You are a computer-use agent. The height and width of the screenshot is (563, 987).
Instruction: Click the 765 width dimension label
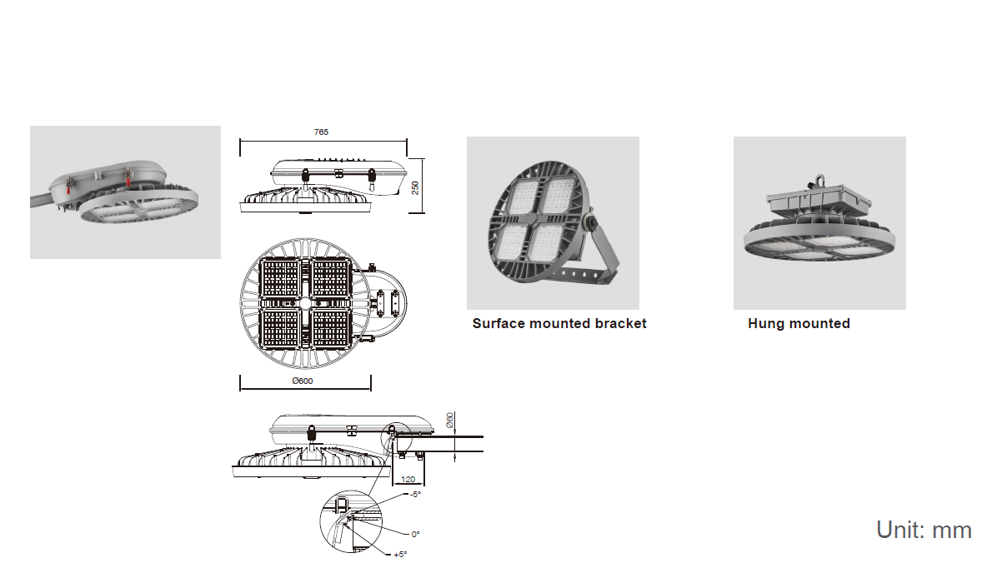click(x=321, y=132)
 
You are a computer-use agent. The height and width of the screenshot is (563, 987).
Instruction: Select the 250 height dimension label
click(x=415, y=187)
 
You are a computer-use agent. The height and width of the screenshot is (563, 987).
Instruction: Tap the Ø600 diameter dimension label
click(x=303, y=381)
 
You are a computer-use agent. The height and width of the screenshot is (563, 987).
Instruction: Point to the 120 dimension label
click(x=408, y=480)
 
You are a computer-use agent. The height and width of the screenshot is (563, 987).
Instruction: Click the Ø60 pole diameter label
click(x=450, y=421)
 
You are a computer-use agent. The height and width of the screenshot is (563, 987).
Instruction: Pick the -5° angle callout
click(x=415, y=495)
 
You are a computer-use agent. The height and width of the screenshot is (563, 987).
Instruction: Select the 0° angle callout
click(x=415, y=534)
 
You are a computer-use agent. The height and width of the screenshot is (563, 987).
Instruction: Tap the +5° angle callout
click(x=400, y=554)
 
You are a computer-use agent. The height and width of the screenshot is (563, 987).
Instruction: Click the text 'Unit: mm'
click(x=924, y=530)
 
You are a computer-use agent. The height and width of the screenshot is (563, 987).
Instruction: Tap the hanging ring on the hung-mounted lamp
click(x=819, y=181)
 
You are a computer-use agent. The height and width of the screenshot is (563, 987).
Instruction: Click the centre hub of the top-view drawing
click(x=305, y=302)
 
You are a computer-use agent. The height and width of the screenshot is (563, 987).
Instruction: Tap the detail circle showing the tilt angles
click(x=351, y=521)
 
